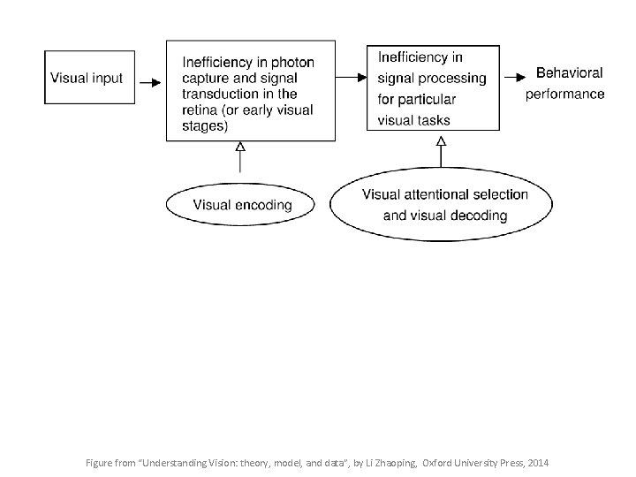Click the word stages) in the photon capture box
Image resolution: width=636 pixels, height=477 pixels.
(x=205, y=125)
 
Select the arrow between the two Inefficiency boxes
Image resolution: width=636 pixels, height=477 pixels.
(x=351, y=78)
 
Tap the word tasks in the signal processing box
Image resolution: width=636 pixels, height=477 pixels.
(x=431, y=119)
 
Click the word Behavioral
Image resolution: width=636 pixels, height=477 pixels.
(x=570, y=73)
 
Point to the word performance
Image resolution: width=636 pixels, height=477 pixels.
(x=565, y=94)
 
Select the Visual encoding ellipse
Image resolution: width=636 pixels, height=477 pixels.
(x=240, y=205)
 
